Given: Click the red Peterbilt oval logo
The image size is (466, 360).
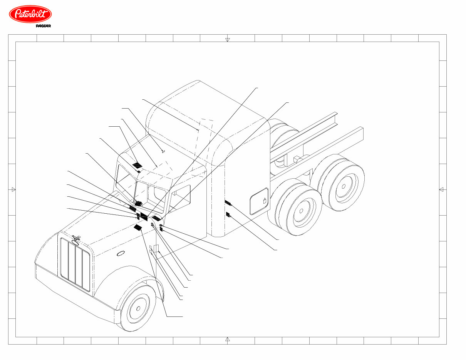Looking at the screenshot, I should [x=30, y=14].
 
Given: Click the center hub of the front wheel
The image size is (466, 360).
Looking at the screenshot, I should [x=137, y=309].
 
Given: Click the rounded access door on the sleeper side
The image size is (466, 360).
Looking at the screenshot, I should [x=259, y=201].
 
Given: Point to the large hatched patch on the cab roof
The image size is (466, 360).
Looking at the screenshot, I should [x=137, y=164].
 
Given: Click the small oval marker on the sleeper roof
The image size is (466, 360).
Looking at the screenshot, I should [x=163, y=151].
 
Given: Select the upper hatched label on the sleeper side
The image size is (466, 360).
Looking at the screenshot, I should [x=228, y=203].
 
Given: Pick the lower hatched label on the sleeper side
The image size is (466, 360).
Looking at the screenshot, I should [x=228, y=214].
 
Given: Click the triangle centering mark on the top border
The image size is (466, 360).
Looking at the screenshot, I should [x=227, y=39].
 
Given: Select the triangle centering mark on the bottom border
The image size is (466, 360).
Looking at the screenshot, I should [x=227, y=339].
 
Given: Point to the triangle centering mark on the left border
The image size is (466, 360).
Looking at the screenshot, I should [x=13, y=189].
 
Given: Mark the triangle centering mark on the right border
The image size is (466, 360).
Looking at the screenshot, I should [x=441, y=189].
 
